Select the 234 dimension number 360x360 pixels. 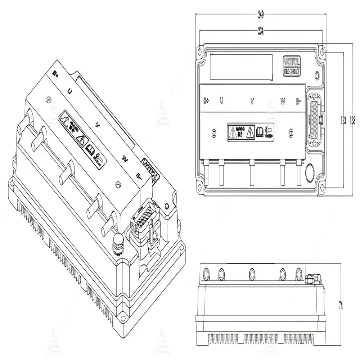[x=260, y=32]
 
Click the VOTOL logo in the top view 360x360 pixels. [x=292, y=59]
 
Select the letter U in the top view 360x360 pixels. [x=221, y=101]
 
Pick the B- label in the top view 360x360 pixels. [x=298, y=101]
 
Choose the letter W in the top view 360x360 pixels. [x=283, y=101]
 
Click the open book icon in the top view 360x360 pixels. [x=259, y=131]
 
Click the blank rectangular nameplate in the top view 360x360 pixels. [x=241, y=67]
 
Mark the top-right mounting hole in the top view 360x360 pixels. [x=322, y=53]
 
